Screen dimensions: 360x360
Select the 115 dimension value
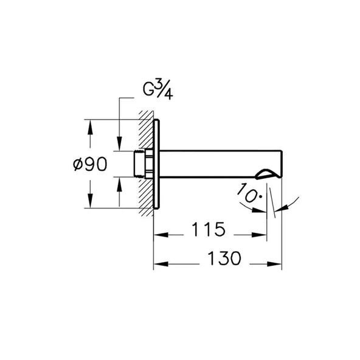pyautogui.click(x=209, y=230)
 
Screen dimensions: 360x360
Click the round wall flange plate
pyautogui.click(x=157, y=164)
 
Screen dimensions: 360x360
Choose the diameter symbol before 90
pyautogui.click(x=75, y=164)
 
